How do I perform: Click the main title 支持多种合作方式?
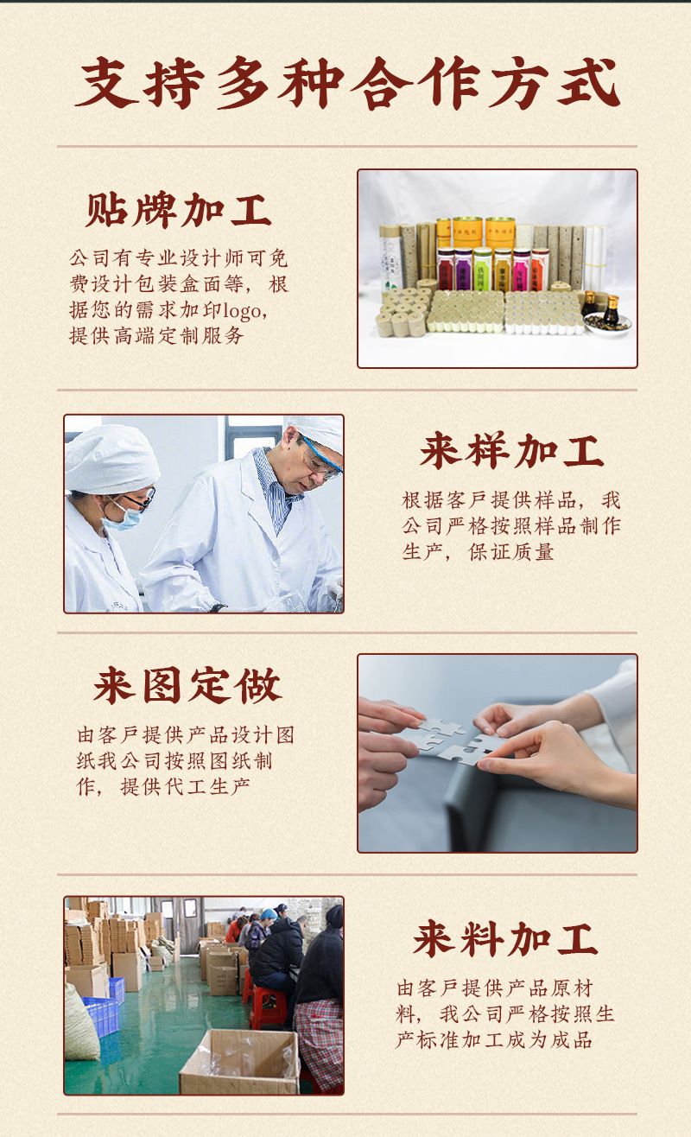(x=348, y=83)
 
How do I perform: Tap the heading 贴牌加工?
(x=178, y=210)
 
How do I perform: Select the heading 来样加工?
(x=511, y=450)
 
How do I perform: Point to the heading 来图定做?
(x=187, y=685)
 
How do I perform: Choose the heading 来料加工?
(x=505, y=939)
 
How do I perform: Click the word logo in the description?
(x=242, y=311)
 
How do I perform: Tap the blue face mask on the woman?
(x=123, y=518)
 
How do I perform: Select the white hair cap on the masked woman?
(x=111, y=460)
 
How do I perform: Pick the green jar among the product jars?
(x=483, y=270)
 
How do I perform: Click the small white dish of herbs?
(x=606, y=323)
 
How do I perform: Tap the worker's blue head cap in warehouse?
(x=269, y=915)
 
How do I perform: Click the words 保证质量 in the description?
(x=510, y=552)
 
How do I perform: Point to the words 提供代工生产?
(x=185, y=787)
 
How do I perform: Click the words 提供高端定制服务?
(x=156, y=335)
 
